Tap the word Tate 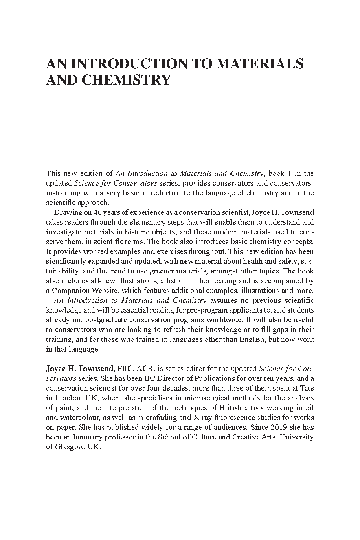307,388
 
